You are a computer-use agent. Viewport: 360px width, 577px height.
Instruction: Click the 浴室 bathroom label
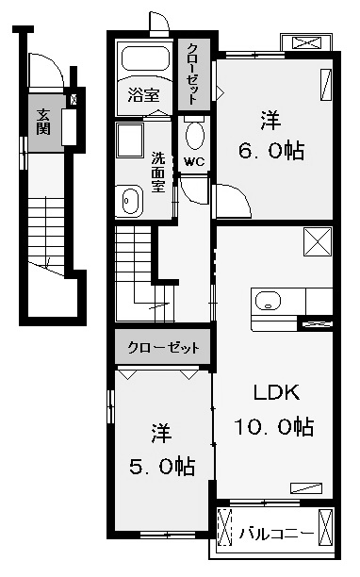pyautogui.click(x=143, y=95)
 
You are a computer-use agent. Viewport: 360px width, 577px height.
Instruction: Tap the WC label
pyautogui.click(x=194, y=161)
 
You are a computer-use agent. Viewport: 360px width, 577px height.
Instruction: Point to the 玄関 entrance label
pyautogui.click(x=43, y=122)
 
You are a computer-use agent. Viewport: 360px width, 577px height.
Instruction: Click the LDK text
pyautogui.click(x=276, y=392)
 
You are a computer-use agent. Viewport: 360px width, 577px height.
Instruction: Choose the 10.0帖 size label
pyautogui.click(x=274, y=426)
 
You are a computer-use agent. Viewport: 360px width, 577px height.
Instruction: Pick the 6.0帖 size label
pyautogui.click(x=271, y=151)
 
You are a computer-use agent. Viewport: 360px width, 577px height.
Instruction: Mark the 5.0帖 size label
pyautogui.click(x=162, y=467)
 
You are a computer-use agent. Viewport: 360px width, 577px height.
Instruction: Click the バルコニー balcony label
pyautogui.click(x=276, y=533)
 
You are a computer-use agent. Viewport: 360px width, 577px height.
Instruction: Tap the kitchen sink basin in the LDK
pyautogui.click(x=268, y=301)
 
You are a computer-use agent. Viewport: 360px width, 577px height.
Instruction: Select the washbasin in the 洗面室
pyautogui.click(x=129, y=201)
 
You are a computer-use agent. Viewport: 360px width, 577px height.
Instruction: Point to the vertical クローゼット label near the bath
pyautogui.click(x=194, y=74)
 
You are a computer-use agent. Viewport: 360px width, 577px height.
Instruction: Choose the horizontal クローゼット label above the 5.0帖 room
pyautogui.click(x=164, y=347)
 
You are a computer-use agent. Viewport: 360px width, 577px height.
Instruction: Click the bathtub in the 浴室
pyautogui.click(x=145, y=58)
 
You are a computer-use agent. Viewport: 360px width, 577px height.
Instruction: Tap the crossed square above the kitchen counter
pyautogui.click(x=318, y=241)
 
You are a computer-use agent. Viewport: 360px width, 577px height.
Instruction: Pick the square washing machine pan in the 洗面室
pyautogui.click(x=130, y=140)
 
